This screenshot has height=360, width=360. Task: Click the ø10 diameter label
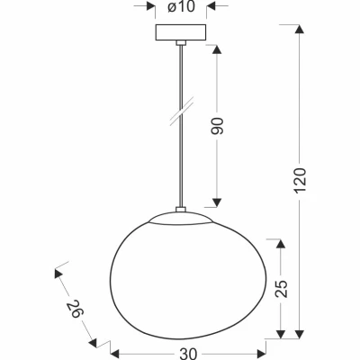[181, 8]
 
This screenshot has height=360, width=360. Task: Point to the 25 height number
[283, 289]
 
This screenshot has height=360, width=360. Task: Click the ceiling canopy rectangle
[181, 33]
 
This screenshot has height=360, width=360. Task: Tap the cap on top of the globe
[181, 215]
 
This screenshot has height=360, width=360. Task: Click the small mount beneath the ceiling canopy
[181, 44]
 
